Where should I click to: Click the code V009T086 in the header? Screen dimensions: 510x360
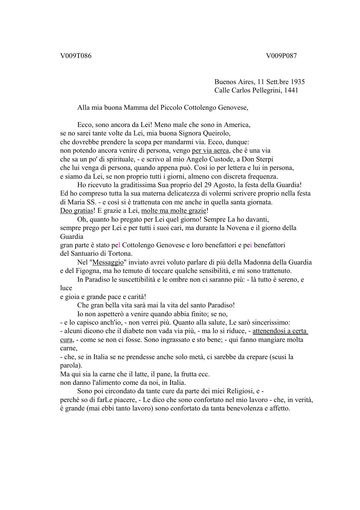76,56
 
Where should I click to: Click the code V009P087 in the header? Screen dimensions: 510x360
281,56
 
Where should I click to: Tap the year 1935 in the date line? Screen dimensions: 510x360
298,82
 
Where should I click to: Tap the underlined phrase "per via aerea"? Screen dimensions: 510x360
211,151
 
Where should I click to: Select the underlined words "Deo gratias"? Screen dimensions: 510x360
77,211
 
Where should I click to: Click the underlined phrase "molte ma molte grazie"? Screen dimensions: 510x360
174,211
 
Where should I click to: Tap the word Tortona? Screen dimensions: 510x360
120,253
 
